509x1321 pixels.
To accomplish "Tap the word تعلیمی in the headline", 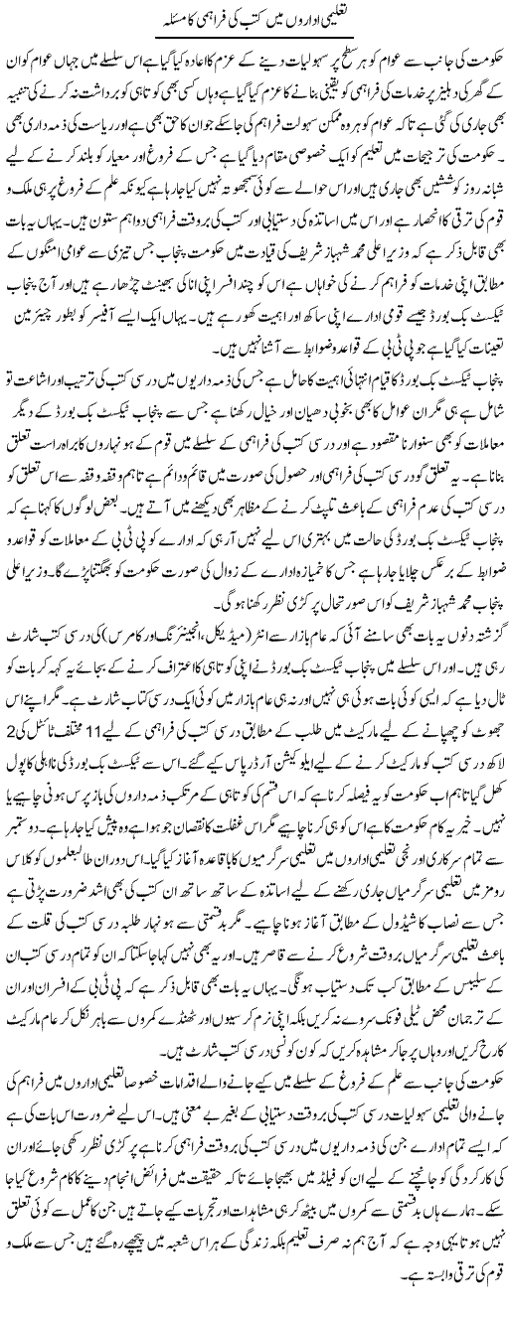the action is tap(330, 21).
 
